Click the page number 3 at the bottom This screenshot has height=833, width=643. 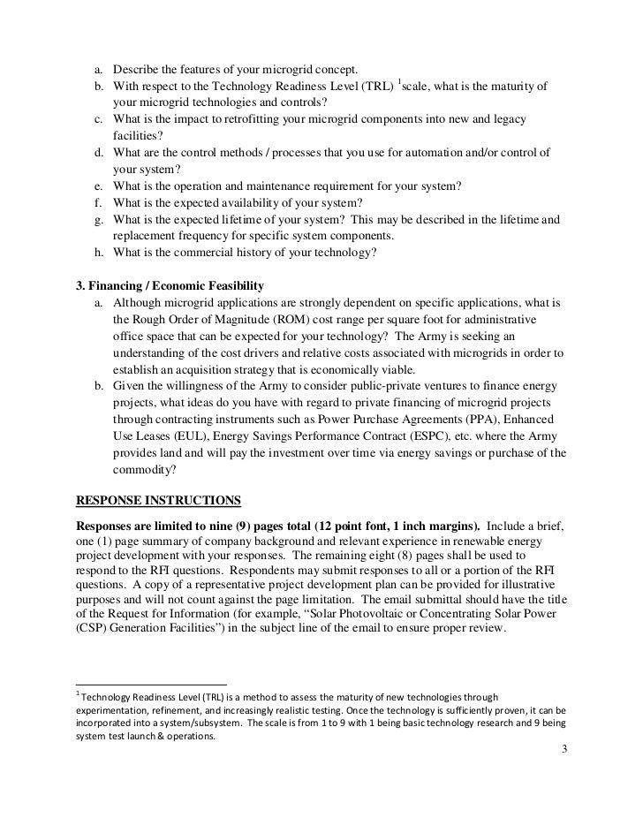(565, 757)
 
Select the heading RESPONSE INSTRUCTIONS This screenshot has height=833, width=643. (160, 501)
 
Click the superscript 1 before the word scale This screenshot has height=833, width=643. (398, 82)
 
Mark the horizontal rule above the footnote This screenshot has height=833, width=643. (152, 685)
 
